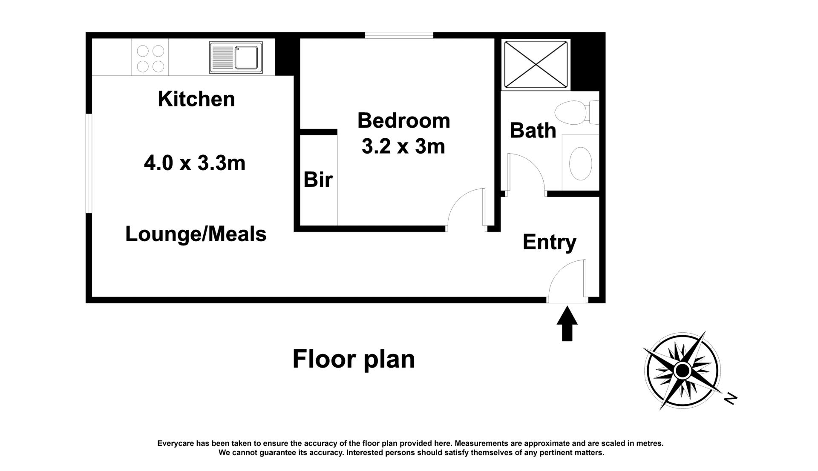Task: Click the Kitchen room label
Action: coord(196,99)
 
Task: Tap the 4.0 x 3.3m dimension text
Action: coord(195,163)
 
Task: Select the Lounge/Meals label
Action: coord(196,234)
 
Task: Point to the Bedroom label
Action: coord(404,120)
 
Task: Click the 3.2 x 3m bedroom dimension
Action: coord(403,146)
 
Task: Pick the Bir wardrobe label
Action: coord(318,180)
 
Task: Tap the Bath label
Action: coord(533,130)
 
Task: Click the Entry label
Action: coord(550,242)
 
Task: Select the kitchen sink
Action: coord(236,57)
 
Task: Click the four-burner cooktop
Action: coord(150,58)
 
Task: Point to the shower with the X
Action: coord(536,65)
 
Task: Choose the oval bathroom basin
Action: coord(581,163)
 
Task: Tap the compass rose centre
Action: coord(683,371)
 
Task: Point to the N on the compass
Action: coord(731,399)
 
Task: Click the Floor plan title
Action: coord(354,360)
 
